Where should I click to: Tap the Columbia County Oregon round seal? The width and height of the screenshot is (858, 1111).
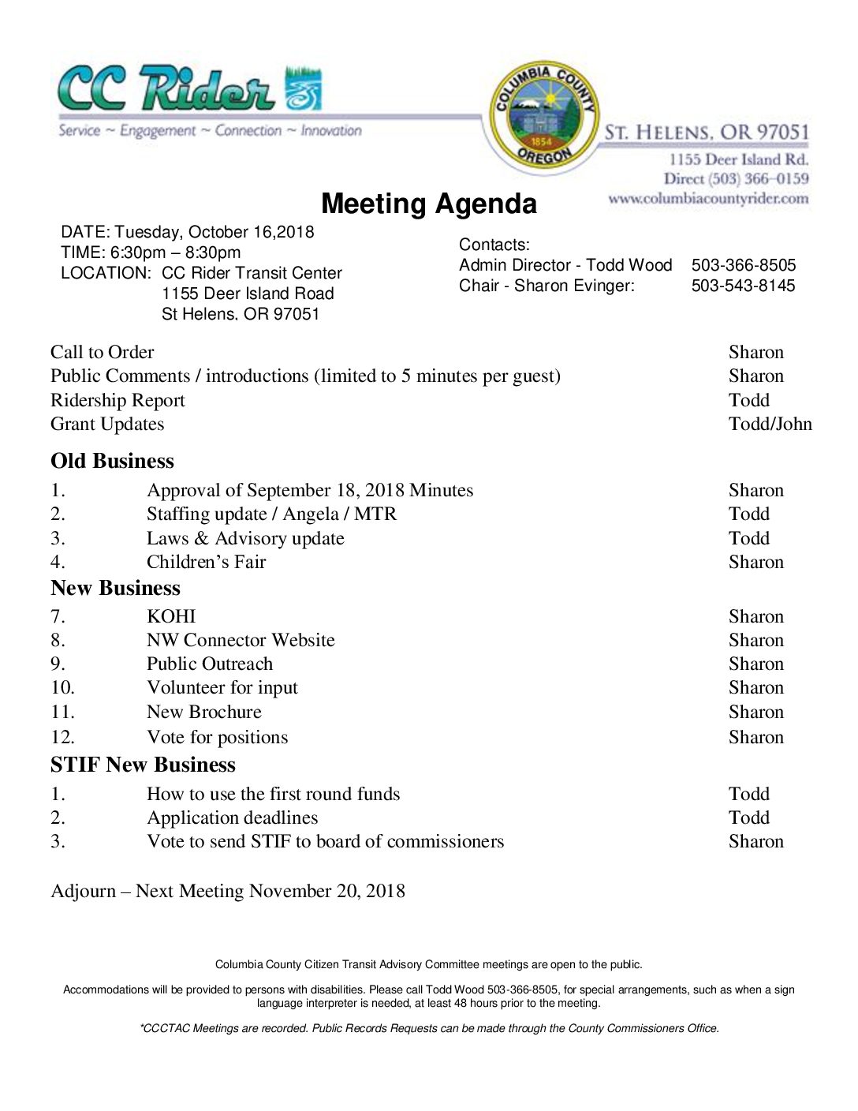click(x=543, y=115)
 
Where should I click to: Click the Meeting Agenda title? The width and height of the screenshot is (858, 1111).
click(x=429, y=204)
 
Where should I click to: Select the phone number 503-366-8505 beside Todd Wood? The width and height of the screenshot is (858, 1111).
click(x=743, y=265)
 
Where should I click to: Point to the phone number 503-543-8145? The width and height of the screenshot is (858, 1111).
click(x=743, y=286)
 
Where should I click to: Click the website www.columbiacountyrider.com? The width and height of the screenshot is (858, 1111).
click(x=707, y=199)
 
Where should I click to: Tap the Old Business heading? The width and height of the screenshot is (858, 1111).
click(x=112, y=461)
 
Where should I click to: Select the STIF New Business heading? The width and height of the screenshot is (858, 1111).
click(x=143, y=765)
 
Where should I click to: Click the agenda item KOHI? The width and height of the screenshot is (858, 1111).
click(x=171, y=616)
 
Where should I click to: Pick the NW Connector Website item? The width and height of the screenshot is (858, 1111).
click(x=241, y=640)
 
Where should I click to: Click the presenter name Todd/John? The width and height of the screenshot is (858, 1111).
click(x=770, y=424)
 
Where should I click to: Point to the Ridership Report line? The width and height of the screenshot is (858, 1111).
click(x=118, y=400)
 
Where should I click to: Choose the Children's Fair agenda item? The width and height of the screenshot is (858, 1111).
click(x=206, y=562)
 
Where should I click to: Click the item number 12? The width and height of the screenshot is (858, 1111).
click(x=62, y=737)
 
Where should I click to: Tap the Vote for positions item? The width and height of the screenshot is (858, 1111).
click(x=217, y=737)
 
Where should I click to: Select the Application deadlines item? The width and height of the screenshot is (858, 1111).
click(x=232, y=817)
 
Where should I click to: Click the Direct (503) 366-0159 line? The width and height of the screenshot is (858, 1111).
click(x=736, y=179)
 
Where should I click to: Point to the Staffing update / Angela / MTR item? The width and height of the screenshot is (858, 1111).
click(x=271, y=514)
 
